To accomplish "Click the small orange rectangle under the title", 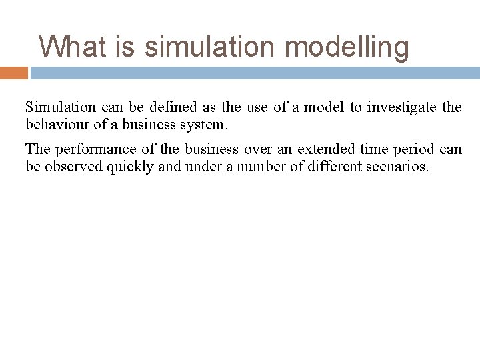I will (x=14, y=72).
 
